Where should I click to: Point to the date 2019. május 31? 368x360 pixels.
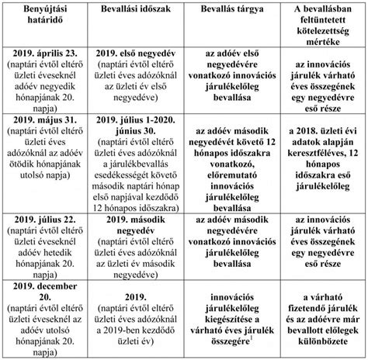48,122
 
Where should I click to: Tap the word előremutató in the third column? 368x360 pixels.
230,165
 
